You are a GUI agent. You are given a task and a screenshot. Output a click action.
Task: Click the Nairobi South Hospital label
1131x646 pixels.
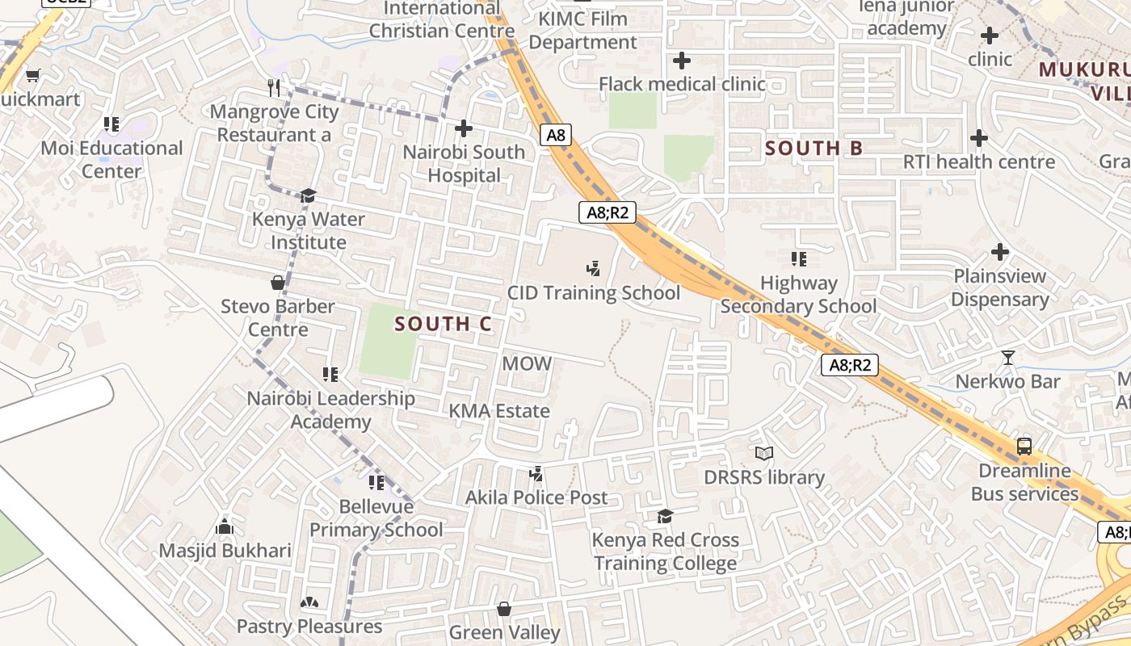[464, 164]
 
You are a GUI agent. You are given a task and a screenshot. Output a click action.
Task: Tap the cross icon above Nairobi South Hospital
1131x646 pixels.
[464, 128]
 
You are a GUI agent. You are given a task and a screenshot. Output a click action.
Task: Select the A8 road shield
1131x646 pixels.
[556, 135]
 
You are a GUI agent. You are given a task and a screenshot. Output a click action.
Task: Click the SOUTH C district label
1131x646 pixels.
[443, 324]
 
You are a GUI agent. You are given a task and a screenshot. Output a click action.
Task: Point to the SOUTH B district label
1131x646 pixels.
[814, 148]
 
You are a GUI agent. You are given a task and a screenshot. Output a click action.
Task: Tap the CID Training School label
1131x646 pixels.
[594, 292]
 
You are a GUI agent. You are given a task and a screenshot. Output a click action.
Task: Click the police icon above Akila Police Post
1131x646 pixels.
[535, 474]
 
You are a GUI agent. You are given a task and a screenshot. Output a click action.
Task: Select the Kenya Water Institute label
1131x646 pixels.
[309, 231]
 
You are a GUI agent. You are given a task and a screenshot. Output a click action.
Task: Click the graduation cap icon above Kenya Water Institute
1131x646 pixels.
[308, 196]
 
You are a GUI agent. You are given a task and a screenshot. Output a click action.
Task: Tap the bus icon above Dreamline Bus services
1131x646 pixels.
[1024, 446]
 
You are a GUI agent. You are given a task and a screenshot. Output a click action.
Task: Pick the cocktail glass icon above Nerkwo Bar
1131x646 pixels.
[1007, 357]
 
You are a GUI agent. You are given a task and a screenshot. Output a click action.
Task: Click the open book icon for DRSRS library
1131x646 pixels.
[764, 454]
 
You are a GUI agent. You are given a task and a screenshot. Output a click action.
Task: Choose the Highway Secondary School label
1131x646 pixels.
[798, 295]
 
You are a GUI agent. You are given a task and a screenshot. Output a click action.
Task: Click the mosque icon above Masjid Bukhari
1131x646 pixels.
[225, 527]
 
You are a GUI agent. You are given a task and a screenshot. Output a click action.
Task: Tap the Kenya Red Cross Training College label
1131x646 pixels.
[666, 552]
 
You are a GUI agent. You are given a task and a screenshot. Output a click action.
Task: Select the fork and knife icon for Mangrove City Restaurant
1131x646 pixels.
[274, 87]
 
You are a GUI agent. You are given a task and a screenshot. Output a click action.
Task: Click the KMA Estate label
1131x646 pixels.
[499, 411]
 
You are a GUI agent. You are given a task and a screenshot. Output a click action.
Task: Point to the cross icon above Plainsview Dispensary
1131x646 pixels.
[1000, 252]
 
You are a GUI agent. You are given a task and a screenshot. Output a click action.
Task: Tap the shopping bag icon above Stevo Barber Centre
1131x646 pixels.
[278, 283]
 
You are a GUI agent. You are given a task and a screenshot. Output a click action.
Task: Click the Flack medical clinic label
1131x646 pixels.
[682, 84]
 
